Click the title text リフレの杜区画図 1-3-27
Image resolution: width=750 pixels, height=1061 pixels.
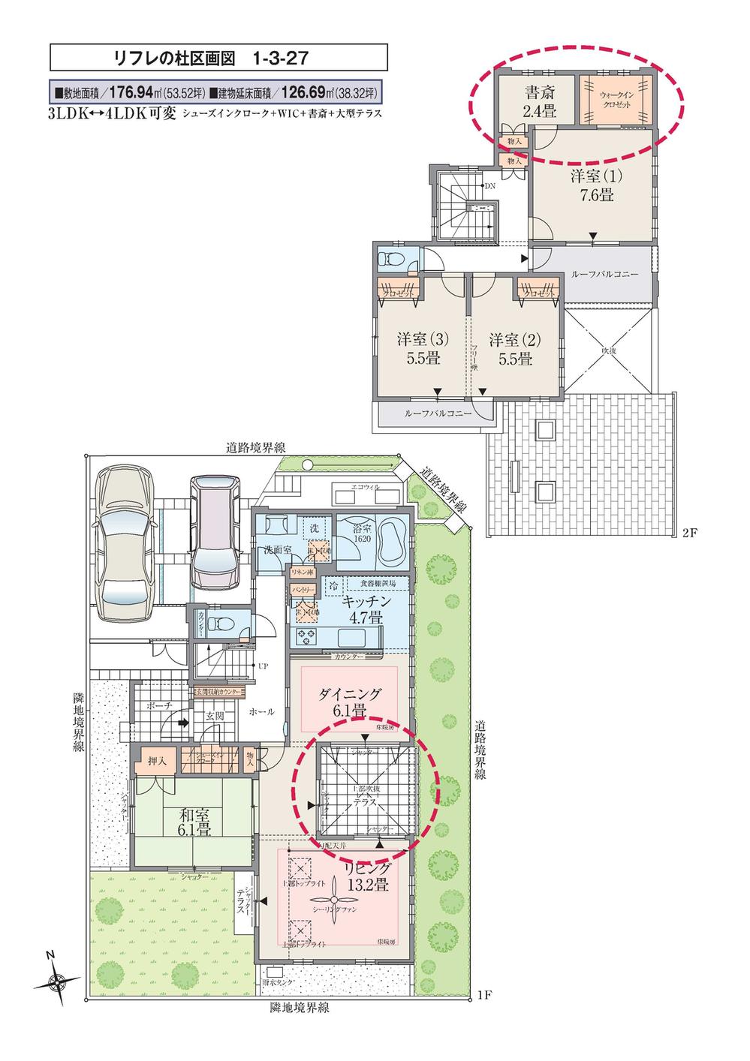tap(218, 57)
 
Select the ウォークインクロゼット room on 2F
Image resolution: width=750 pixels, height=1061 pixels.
tap(615, 101)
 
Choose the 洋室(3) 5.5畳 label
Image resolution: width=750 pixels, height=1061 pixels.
tap(423, 349)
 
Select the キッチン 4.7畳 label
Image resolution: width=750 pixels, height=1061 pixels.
tap(366, 610)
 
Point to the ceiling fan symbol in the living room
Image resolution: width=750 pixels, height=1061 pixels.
tap(331, 903)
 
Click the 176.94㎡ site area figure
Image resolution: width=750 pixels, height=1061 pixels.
tap(134, 93)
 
